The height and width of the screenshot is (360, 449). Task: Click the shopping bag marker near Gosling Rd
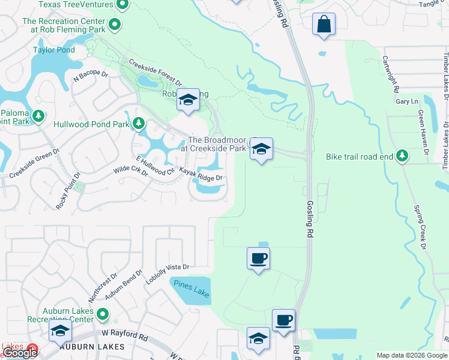[324, 25]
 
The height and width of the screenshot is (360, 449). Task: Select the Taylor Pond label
[54, 50]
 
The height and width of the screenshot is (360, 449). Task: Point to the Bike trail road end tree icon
[402, 157]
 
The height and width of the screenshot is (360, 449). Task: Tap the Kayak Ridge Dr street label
[200, 178]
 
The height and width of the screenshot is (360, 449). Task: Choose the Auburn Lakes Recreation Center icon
[103, 314]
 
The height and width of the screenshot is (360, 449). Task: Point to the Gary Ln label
[406, 102]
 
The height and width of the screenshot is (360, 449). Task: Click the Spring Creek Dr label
[418, 228]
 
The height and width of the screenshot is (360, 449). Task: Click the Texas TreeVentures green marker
[123, 6]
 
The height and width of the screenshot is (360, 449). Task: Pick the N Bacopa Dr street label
[90, 76]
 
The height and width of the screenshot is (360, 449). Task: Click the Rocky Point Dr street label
[67, 191]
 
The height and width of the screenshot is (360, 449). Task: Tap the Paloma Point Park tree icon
[39, 115]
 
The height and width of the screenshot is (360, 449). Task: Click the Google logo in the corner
[19, 353]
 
